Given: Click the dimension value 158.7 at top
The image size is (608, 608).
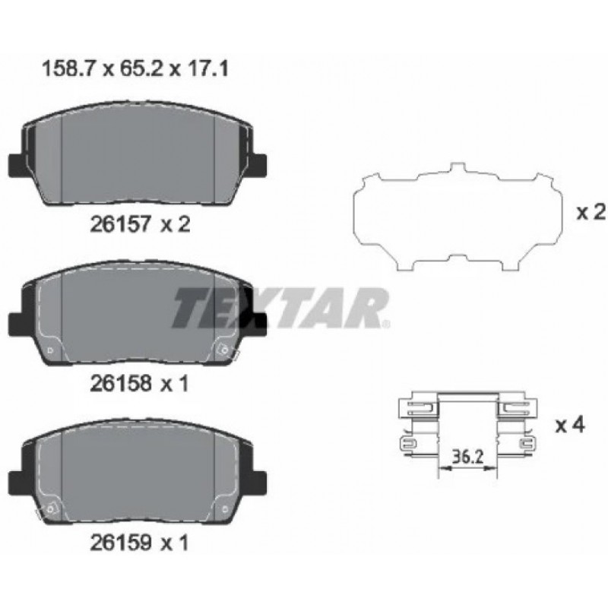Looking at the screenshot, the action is pos(68,70).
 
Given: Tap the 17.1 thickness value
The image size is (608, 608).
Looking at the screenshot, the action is pos(207,70).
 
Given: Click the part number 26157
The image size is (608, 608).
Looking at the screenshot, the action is pos(120,224).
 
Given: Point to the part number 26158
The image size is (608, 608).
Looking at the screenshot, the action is pos(120,384).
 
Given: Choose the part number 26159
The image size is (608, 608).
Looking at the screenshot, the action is pos(120,543).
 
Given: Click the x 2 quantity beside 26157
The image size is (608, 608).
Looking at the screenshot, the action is pos(176,224).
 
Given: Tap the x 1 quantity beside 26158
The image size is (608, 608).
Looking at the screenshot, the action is pos(174,384).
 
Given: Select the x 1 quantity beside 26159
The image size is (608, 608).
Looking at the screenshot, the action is pos(174,543).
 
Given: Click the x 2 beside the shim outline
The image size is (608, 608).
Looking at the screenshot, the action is pos(591,213).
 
